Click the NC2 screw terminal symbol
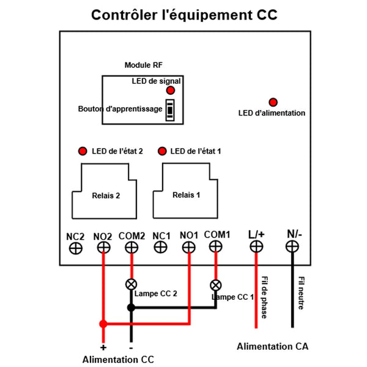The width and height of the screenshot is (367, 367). coord(76,248)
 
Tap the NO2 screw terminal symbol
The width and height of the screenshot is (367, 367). coord(104,248)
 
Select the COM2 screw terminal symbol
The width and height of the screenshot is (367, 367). coord(131,248)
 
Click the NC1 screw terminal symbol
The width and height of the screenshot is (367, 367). coord(161,247)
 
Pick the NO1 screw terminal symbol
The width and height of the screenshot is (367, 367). coord(188,247)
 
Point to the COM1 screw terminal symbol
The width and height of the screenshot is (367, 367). coord(215,247)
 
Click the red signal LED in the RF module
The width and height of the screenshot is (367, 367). coord(170,90)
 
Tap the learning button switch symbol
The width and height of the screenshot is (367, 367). coord(170,110)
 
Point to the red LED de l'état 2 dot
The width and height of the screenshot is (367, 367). coord(81,151)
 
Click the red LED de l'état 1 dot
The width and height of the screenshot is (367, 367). coord(162,151)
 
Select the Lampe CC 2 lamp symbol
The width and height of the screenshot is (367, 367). coord(131,284)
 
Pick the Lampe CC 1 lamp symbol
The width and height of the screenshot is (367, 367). coord(215,284)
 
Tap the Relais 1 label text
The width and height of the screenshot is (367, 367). coord(186,195)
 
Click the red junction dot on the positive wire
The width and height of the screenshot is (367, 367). coord(104,324)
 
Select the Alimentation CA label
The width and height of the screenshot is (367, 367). coord(273,347)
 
